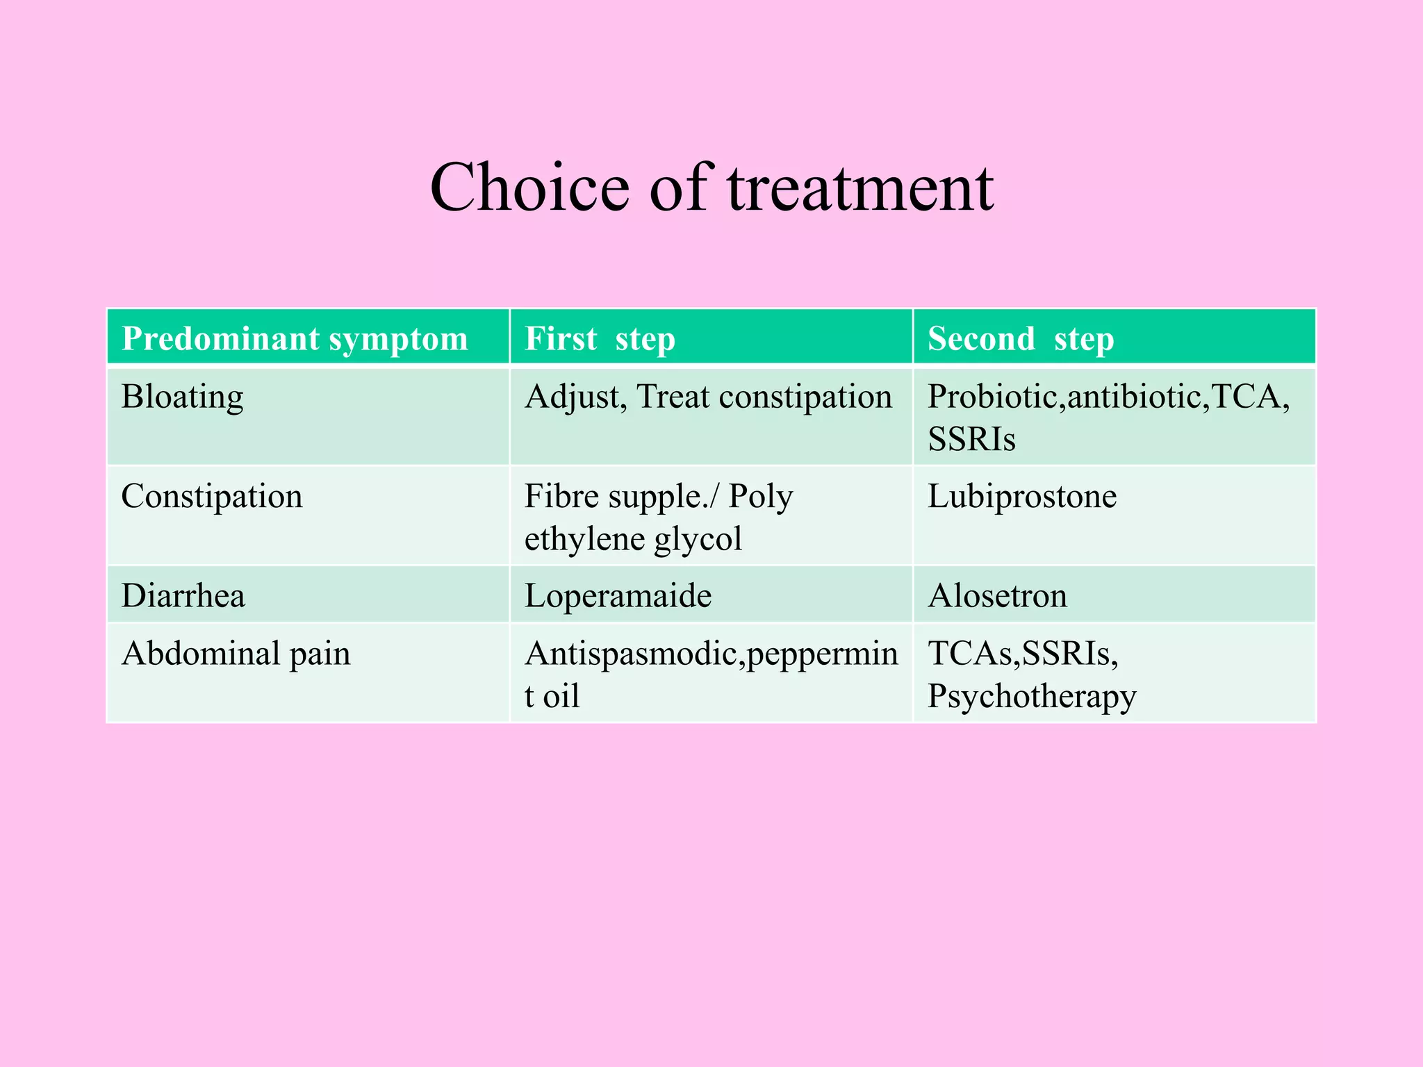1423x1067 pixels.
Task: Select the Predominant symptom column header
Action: (295, 338)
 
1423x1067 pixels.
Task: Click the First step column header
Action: (600, 338)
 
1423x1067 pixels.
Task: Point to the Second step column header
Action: (1021, 338)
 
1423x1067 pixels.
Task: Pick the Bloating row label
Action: (182, 397)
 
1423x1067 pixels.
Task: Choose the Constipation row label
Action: (212, 496)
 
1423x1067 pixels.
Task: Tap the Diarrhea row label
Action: (183, 595)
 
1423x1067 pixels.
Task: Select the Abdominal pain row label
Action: (236, 653)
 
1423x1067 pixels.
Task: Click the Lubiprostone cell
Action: (1022, 496)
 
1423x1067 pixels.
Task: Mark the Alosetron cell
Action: (997, 595)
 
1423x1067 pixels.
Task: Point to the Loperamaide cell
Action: (618, 595)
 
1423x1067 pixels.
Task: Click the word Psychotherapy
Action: (1032, 696)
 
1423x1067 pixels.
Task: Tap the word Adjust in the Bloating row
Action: (576, 397)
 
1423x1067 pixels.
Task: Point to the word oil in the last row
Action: (561, 696)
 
